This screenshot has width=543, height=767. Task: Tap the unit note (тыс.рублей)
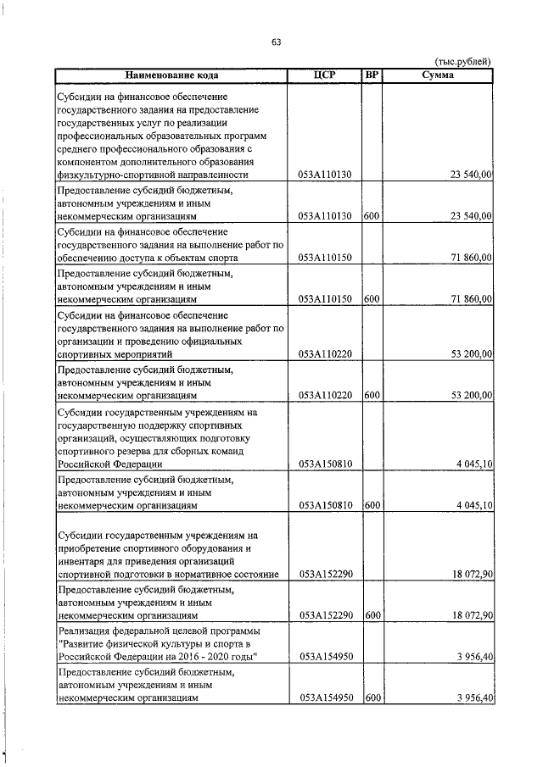[x=462, y=61]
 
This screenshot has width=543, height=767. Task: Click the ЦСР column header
[x=324, y=75]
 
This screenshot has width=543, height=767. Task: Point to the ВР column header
[x=371, y=75]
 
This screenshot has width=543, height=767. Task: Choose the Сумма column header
[x=438, y=75]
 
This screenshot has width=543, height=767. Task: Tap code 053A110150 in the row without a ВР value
[x=324, y=258]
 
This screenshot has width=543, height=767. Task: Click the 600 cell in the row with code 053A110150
[x=371, y=299]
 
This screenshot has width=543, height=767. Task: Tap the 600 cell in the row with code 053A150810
[x=371, y=505]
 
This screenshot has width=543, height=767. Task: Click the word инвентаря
[x=81, y=561]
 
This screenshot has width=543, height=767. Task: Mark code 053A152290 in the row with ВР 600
[x=324, y=615]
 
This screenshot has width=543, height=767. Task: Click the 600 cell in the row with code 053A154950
[x=371, y=698]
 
